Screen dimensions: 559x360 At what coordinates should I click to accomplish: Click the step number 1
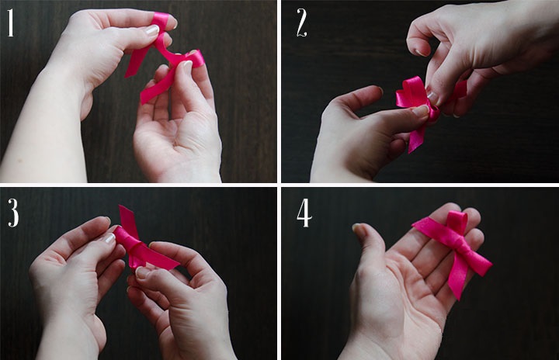coord(11,22)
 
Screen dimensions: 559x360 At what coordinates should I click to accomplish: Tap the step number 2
coord(301,22)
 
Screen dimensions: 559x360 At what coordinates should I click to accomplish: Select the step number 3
coord(13,213)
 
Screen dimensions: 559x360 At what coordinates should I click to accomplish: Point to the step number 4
coord(304,213)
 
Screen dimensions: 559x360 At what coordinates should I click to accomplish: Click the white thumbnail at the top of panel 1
coord(152,30)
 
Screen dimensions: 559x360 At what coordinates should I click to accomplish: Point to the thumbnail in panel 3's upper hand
coord(109,238)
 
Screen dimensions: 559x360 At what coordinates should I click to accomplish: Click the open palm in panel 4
coord(403,286)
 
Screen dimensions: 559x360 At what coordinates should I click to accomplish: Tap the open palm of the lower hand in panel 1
coord(179,139)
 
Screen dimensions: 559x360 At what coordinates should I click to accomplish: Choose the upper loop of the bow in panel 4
coord(458,223)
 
